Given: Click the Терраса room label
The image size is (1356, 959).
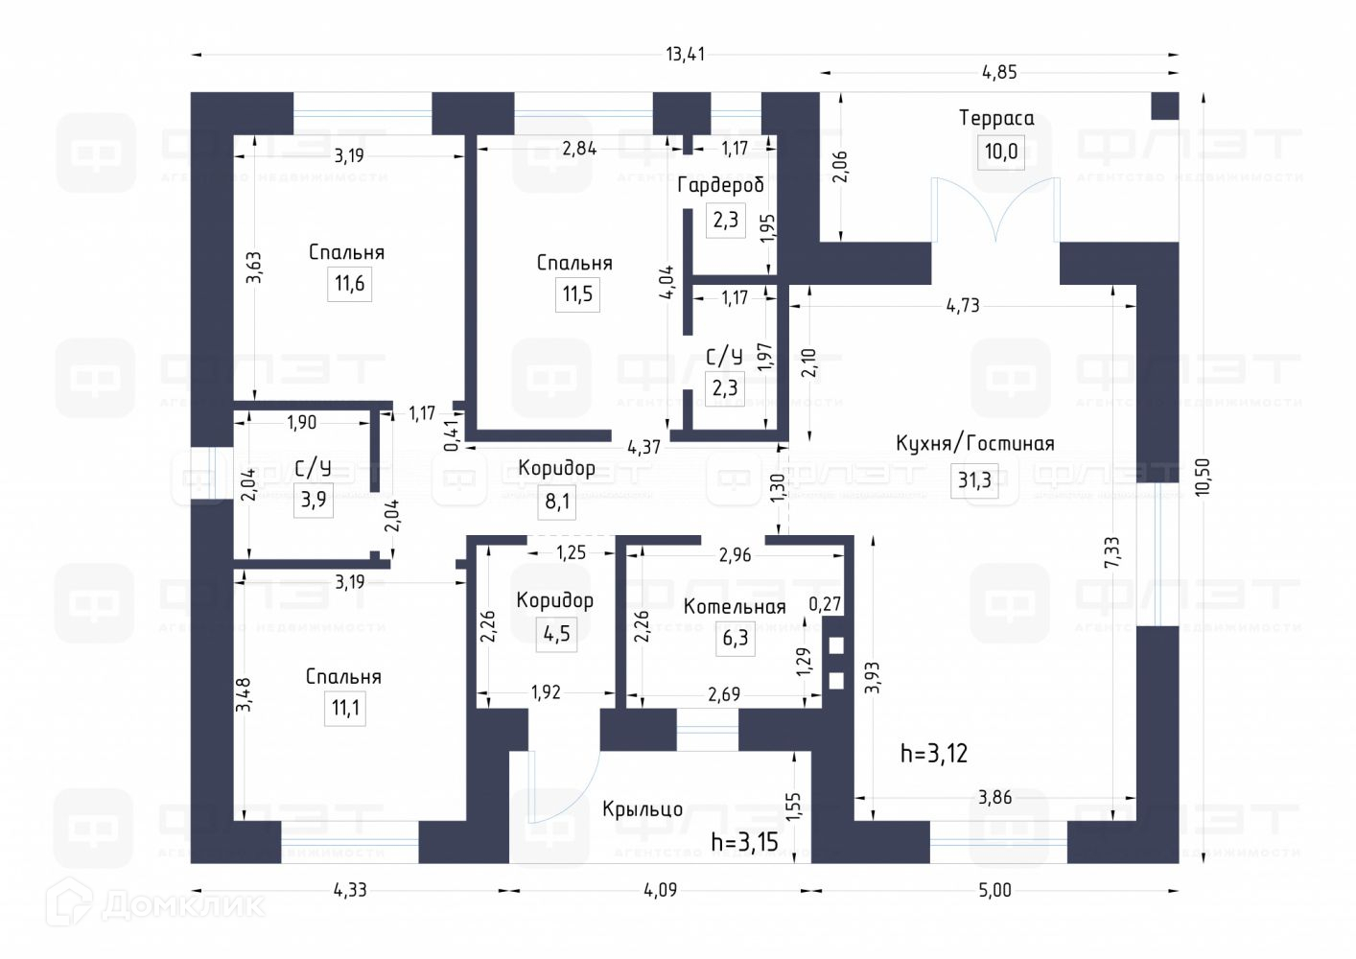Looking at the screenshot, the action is pyautogui.click(x=996, y=118).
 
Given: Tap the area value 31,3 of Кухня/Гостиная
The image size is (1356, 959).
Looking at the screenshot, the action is pyautogui.click(x=974, y=479).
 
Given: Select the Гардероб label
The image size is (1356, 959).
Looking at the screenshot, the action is pyautogui.click(x=720, y=184).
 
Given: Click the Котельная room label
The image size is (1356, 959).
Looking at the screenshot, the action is pyautogui.click(x=735, y=606).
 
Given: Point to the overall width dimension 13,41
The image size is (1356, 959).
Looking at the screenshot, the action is pyautogui.click(x=685, y=54).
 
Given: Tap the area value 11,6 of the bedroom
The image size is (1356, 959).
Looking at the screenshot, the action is pyautogui.click(x=349, y=284).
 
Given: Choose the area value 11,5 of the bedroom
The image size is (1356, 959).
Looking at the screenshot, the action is pyautogui.click(x=577, y=293).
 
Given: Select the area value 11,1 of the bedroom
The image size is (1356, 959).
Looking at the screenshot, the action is pyautogui.click(x=345, y=709).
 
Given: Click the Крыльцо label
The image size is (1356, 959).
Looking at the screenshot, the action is pyautogui.click(x=643, y=809).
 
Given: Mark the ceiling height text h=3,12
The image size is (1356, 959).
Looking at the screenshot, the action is pyautogui.click(x=933, y=753).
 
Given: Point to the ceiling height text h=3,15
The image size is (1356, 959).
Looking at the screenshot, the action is pyautogui.click(x=744, y=842).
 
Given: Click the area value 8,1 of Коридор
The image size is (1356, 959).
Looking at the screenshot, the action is pyautogui.click(x=556, y=501).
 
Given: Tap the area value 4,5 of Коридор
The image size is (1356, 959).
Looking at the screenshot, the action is pyautogui.click(x=556, y=633).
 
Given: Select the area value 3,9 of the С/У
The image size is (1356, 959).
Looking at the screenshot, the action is pyautogui.click(x=314, y=499).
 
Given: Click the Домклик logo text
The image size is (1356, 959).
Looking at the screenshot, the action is pyautogui.click(x=182, y=904).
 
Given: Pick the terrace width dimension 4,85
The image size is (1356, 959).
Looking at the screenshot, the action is pyautogui.click(x=999, y=72).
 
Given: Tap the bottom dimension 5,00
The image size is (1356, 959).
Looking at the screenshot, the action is pyautogui.click(x=994, y=890).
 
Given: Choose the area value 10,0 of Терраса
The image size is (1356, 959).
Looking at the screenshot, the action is pyautogui.click(x=1000, y=152).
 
